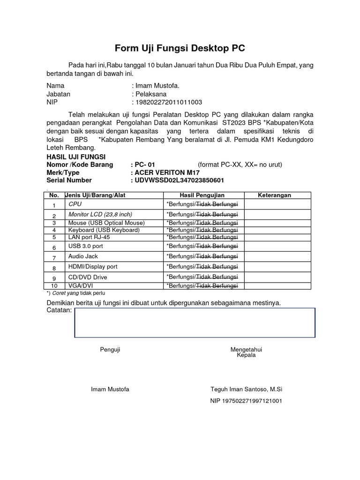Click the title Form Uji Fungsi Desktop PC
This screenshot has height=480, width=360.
(180, 48)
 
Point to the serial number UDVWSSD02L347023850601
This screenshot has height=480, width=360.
(179, 180)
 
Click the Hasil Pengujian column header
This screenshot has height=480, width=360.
(202, 195)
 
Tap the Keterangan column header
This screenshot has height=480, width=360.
(275, 195)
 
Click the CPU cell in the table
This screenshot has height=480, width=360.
(75, 204)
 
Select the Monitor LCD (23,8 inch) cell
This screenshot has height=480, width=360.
(100, 214)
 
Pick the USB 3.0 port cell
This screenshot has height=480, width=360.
(86, 246)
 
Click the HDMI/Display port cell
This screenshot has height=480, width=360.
(93, 267)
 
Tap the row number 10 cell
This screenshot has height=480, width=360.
(54, 285)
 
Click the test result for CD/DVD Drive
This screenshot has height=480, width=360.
(202, 277)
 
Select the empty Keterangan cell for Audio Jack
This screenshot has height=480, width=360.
(277, 256)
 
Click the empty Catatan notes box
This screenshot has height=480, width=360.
(195, 322)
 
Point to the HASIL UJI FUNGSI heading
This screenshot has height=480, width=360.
(76, 157)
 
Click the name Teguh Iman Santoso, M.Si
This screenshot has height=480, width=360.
(247, 390)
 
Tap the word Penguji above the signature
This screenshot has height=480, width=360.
(110, 350)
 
